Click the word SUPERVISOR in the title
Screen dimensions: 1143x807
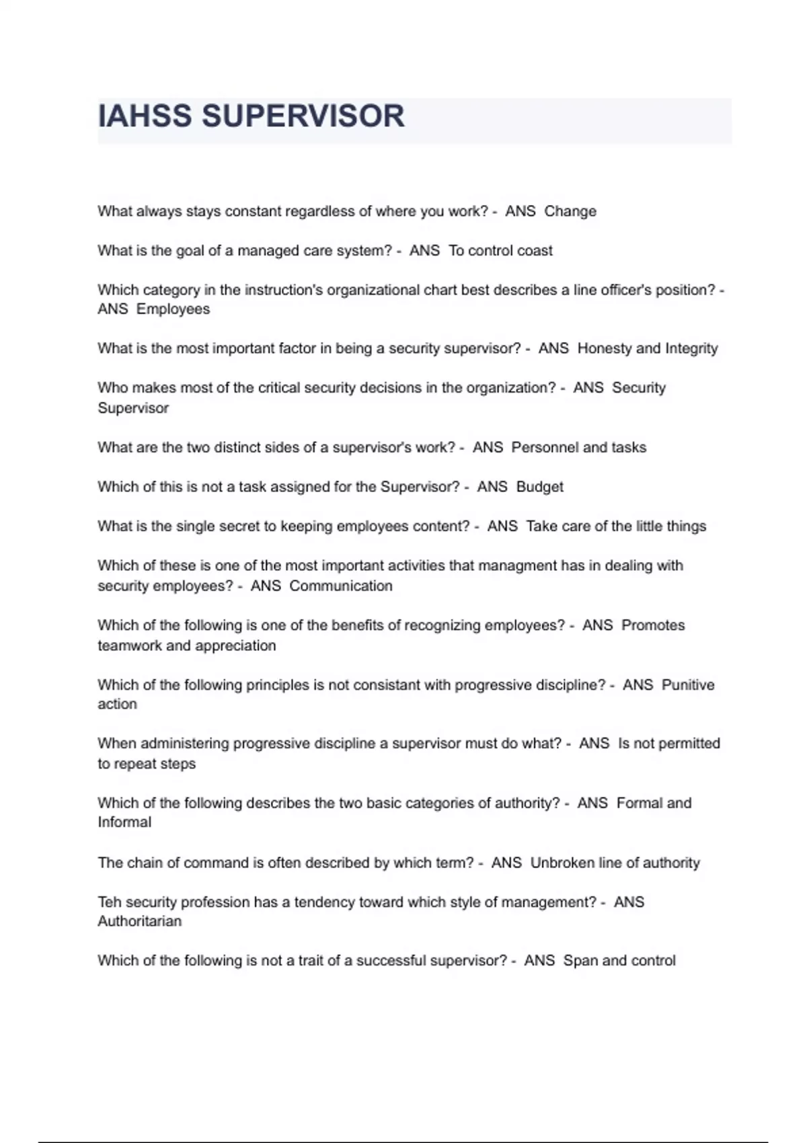[303, 116]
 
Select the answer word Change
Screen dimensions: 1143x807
[570, 211]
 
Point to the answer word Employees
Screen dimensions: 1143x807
[173, 309]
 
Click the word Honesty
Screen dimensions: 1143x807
[604, 348]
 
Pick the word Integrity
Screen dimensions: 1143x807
[691, 348]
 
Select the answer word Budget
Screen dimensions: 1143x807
[539, 487]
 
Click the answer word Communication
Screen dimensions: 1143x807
[341, 586]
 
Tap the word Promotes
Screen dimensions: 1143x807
[653, 625]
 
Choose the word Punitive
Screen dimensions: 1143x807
[688, 685]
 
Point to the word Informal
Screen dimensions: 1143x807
[124, 822]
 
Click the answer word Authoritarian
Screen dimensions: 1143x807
[140, 921]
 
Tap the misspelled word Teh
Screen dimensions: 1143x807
[109, 902]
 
